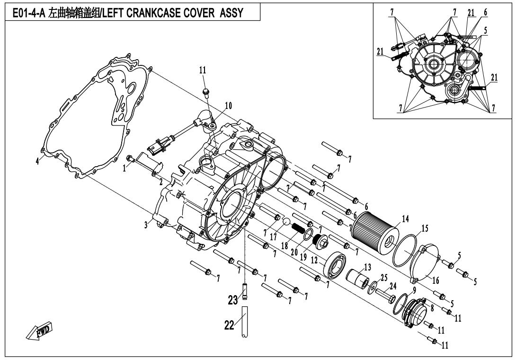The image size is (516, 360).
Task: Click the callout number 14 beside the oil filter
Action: pos(405,218)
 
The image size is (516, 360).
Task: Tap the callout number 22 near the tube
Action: pos(230,325)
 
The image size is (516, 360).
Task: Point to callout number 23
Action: pos(233,300)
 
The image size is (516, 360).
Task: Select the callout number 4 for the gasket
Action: pos(37,162)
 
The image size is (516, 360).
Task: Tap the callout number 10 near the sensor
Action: pos(228,106)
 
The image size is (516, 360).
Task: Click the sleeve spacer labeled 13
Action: pos(358,279)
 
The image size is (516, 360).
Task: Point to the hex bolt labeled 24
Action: pos(386,294)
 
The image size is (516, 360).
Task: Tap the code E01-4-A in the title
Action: pos(29,13)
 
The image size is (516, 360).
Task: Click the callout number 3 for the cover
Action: pos(146,225)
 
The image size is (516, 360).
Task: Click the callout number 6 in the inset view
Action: pos(485,12)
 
